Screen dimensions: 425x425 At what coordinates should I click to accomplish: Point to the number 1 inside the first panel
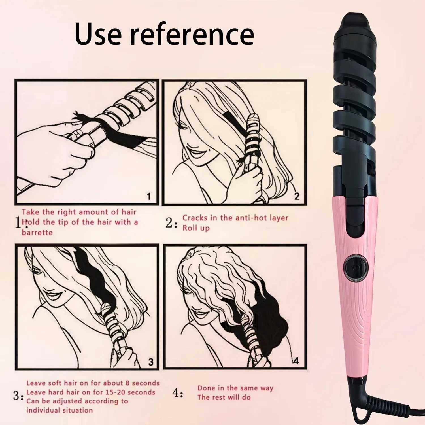pyautogui.click(x=149, y=196)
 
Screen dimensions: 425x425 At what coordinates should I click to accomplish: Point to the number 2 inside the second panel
pyautogui.click(x=297, y=196)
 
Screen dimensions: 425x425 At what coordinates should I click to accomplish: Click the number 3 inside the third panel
pyautogui.click(x=151, y=362)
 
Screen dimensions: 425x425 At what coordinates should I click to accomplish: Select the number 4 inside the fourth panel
pyautogui.click(x=296, y=361)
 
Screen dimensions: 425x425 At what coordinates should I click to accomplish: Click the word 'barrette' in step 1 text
pyautogui.click(x=37, y=233)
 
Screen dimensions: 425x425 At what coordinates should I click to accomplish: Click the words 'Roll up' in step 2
pyautogui.click(x=196, y=228)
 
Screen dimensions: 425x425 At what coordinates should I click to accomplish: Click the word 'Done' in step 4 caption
pyautogui.click(x=206, y=388)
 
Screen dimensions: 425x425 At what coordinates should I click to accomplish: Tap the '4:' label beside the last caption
pyautogui.click(x=178, y=393)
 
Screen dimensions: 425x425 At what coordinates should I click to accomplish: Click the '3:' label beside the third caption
pyautogui.click(x=18, y=396)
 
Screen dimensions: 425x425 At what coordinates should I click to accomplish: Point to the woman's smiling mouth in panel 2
pyautogui.click(x=195, y=154)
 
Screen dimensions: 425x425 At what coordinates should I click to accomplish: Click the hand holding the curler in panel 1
pyautogui.click(x=57, y=150)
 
